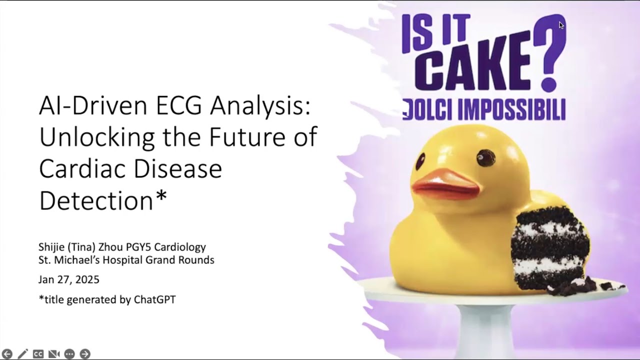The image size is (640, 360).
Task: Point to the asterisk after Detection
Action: click(x=161, y=198)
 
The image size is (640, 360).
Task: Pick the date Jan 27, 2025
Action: click(x=69, y=279)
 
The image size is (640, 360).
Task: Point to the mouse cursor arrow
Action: click(x=561, y=25)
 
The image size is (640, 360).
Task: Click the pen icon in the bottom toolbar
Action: click(x=22, y=354)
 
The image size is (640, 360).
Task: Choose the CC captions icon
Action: click(x=38, y=354)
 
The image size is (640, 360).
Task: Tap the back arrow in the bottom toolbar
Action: click(x=7, y=354)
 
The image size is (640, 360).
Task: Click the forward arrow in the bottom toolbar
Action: click(x=85, y=354)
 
